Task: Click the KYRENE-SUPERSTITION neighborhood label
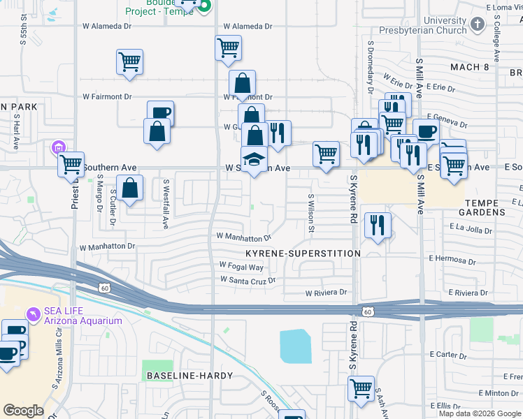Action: [303, 253]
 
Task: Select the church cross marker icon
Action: [478, 25]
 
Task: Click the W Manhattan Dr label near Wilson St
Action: [243, 238]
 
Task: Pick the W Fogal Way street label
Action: [241, 267]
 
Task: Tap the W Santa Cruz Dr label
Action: [248, 281]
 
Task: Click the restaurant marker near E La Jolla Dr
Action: [378, 225]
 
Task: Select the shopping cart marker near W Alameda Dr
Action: [229, 48]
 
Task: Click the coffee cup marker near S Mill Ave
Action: [426, 131]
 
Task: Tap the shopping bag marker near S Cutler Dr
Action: [129, 188]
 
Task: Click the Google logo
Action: [23, 411]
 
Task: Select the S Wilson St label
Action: [311, 213]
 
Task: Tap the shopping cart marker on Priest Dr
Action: [71, 165]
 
